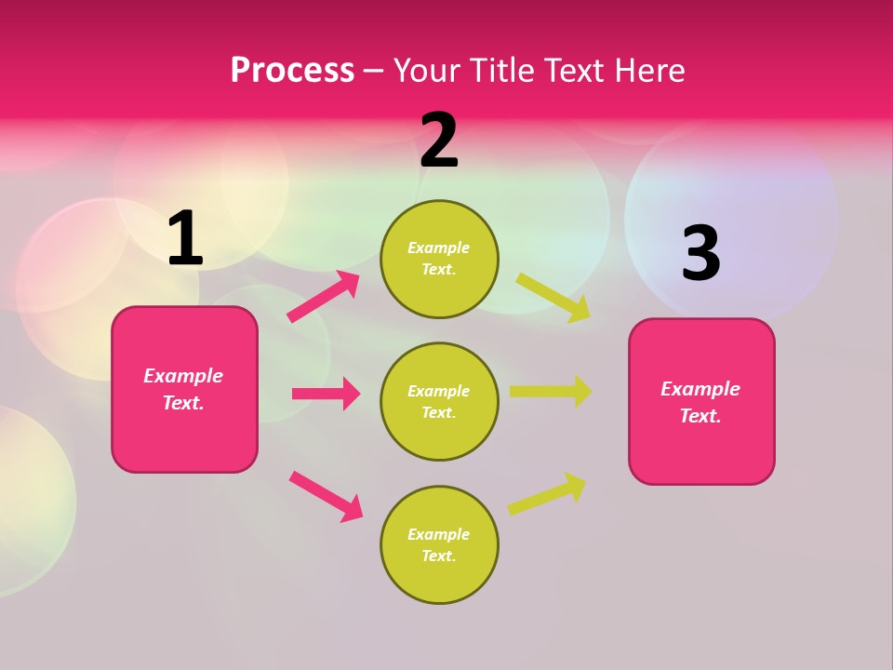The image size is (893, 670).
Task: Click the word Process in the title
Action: click(x=292, y=71)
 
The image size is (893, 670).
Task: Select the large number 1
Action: click(x=184, y=238)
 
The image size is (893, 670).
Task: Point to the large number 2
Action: click(x=439, y=141)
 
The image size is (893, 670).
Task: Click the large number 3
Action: click(x=700, y=254)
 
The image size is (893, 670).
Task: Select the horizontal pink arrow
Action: click(x=327, y=394)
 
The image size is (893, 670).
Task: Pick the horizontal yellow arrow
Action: click(x=551, y=392)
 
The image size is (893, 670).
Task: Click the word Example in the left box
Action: click(x=183, y=376)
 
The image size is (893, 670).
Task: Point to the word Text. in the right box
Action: click(x=700, y=416)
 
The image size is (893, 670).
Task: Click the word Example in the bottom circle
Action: click(x=439, y=534)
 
